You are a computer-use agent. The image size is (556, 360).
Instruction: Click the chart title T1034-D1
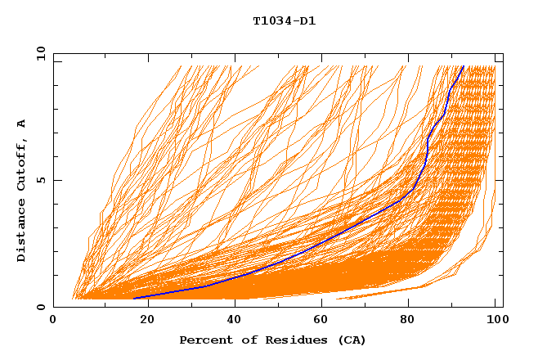284,21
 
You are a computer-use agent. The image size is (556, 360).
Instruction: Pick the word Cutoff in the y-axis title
22,163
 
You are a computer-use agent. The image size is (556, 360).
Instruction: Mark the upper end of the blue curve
463,66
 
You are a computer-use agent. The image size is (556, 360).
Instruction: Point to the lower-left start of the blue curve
134,298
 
